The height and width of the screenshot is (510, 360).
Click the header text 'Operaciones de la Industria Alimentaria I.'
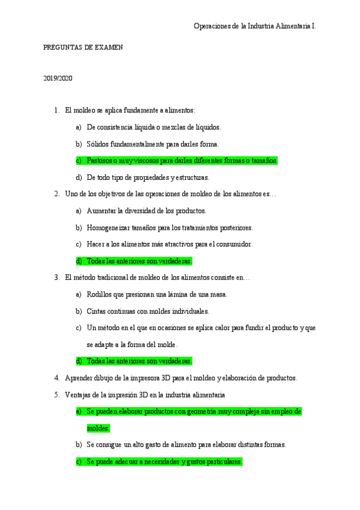pyautogui.click(x=255, y=26)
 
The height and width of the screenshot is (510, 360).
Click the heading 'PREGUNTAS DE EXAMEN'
pyautogui.click(x=84, y=48)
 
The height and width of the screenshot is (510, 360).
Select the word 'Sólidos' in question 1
pyautogui.click(x=97, y=144)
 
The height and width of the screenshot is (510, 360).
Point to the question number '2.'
pyautogui.click(x=56, y=194)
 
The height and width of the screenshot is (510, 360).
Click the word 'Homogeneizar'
pyautogui.click(x=106, y=227)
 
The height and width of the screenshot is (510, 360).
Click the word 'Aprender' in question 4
pyautogui.click(x=79, y=378)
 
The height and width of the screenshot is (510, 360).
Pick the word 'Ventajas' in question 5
pyautogui.click(x=78, y=395)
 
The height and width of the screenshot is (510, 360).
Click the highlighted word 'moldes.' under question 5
pyautogui.click(x=98, y=428)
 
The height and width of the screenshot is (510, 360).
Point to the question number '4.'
pyautogui.click(x=56, y=378)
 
